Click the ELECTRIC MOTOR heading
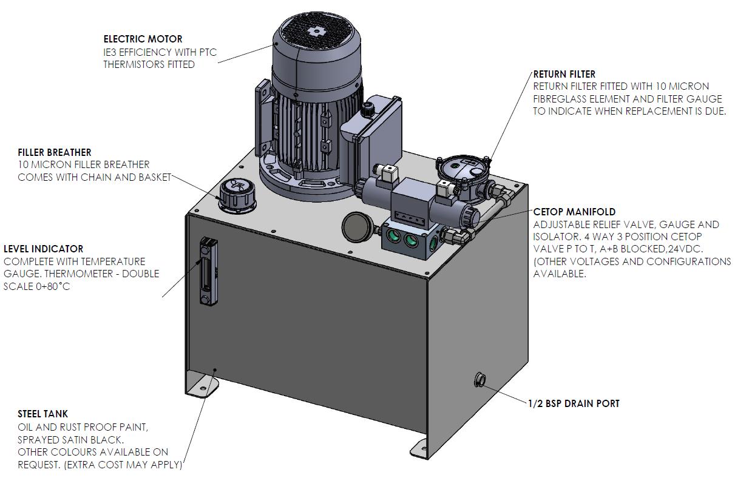tap(143, 39)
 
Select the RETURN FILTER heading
tap(564, 75)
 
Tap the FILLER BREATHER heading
tap(55, 152)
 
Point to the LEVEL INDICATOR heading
tap(43, 249)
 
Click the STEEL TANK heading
tap(42, 414)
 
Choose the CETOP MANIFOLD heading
tap(574, 212)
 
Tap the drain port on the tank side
tap(479, 380)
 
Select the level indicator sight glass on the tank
tap(208, 270)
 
